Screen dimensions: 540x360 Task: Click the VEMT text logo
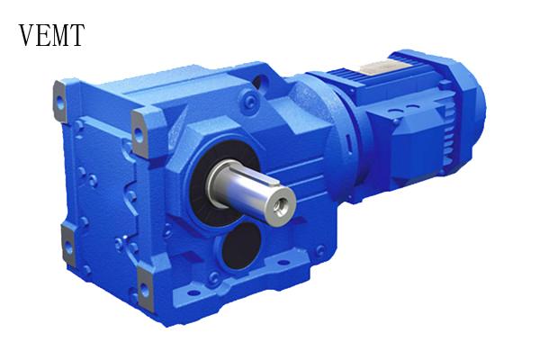[x=51, y=35]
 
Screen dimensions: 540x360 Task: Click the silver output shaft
[x=251, y=192]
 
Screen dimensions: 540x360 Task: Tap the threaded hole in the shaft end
[x=281, y=209]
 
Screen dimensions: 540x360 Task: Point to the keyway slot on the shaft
[x=263, y=175]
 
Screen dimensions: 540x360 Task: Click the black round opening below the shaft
[x=241, y=246]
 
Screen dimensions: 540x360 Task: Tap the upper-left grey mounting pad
[x=60, y=102]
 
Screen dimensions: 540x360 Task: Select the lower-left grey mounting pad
[x=68, y=246]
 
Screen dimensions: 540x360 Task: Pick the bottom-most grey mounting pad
[x=145, y=290]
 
